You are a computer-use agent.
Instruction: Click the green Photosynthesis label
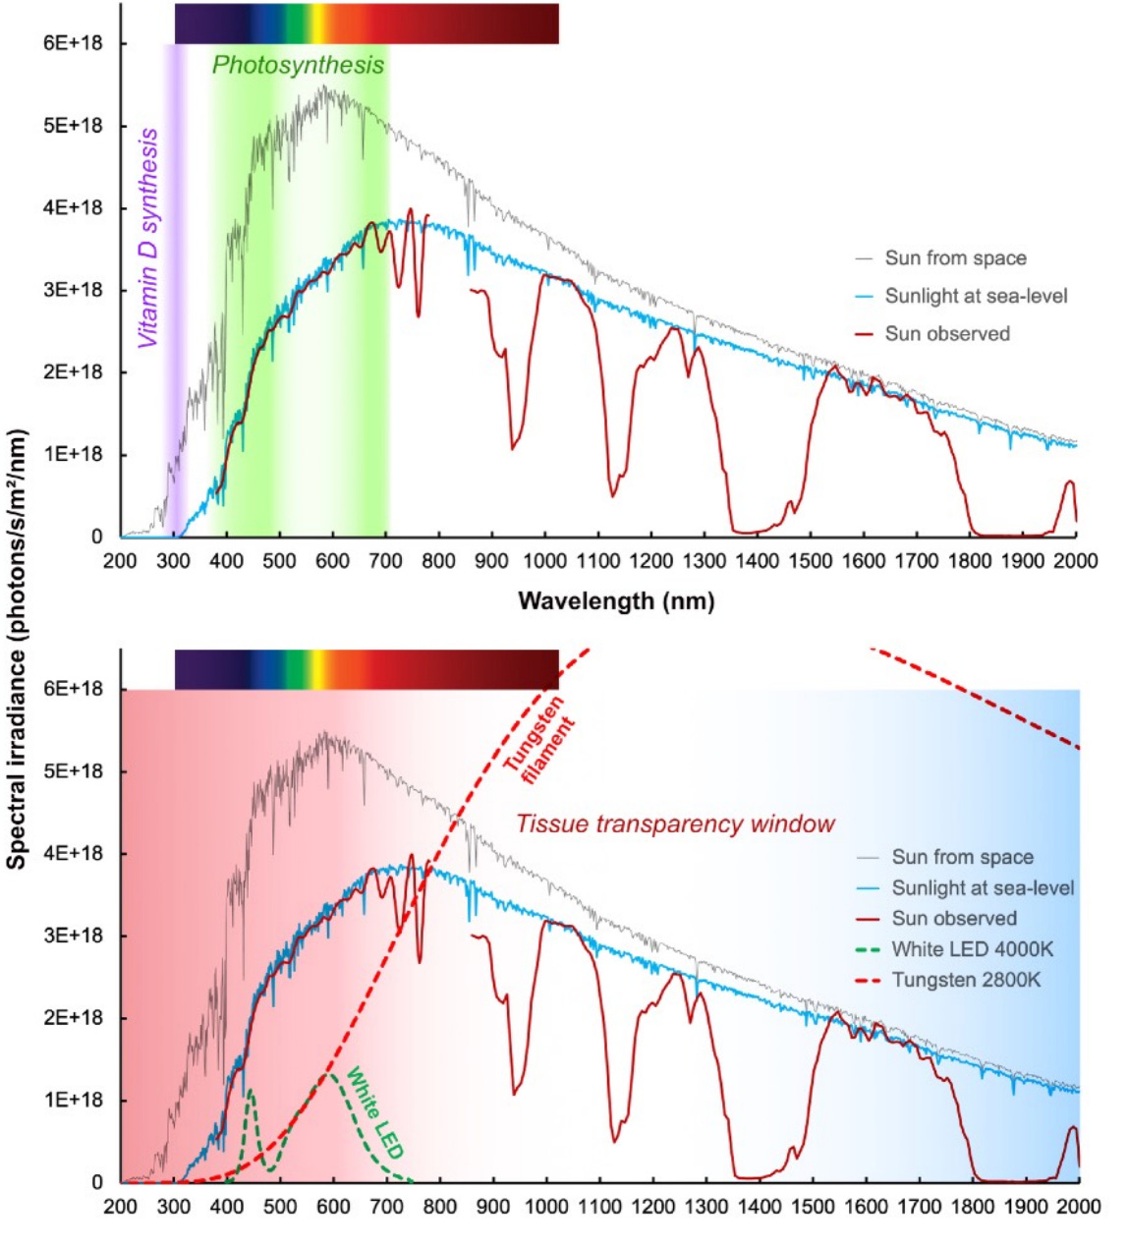pyautogui.click(x=298, y=66)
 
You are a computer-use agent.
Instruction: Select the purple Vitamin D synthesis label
pyautogui.click(x=148, y=239)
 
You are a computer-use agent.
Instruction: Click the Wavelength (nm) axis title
pyautogui.click(x=616, y=600)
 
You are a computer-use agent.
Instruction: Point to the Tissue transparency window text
pyautogui.click(x=675, y=823)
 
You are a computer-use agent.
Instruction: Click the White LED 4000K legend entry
pyautogui.click(x=971, y=949)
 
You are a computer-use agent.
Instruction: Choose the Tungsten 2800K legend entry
pyautogui.click(x=966, y=980)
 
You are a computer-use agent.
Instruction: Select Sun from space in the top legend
pyautogui.click(x=954, y=258)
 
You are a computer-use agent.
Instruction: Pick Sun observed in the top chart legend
pyautogui.click(x=946, y=334)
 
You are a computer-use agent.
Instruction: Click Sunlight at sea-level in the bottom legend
pyautogui.click(x=982, y=887)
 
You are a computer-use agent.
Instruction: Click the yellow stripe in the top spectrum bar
pyautogui.click(x=318, y=24)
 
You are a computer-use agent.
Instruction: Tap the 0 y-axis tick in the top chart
pyautogui.click(x=97, y=537)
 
